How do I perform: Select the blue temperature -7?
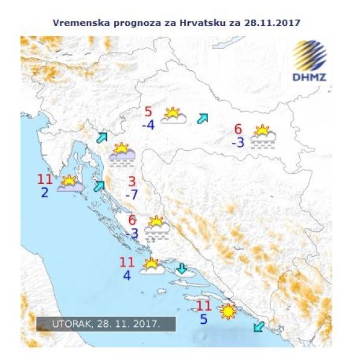[132, 195]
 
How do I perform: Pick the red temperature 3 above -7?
[132, 181]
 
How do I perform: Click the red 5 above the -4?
[148, 112]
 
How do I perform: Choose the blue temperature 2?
[45, 193]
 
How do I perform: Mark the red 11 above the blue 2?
[45, 179]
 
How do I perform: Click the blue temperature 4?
[127, 276]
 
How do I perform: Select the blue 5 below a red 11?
[204, 319]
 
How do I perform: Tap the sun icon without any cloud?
[228, 312]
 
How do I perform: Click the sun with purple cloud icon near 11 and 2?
[70, 183]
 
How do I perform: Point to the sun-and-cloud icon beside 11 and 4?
[151, 266]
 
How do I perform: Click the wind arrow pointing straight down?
[182, 268]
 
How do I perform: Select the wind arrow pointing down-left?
[259, 326]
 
